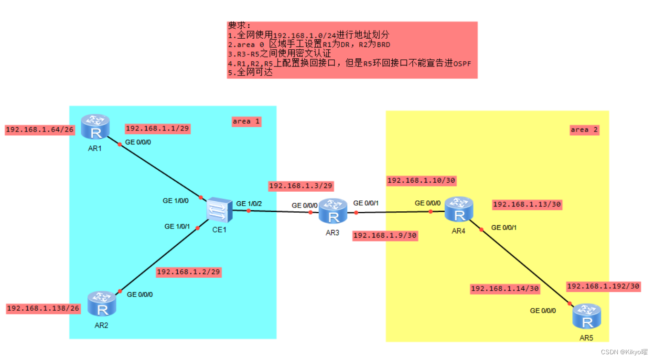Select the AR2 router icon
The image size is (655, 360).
102,305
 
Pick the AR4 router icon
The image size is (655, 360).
459,209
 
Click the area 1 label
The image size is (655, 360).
246,121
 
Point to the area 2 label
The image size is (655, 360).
584,130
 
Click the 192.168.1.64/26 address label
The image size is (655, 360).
40,130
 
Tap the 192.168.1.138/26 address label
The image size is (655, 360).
43,309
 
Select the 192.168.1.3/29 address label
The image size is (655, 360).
301,186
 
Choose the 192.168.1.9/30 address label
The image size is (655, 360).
385,235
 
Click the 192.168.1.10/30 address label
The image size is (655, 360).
421,181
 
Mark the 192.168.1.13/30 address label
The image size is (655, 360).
527,204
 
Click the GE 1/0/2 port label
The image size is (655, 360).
249,204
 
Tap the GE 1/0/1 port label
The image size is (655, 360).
177,226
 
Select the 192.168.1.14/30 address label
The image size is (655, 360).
505,288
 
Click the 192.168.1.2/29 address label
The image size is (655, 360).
189,272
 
